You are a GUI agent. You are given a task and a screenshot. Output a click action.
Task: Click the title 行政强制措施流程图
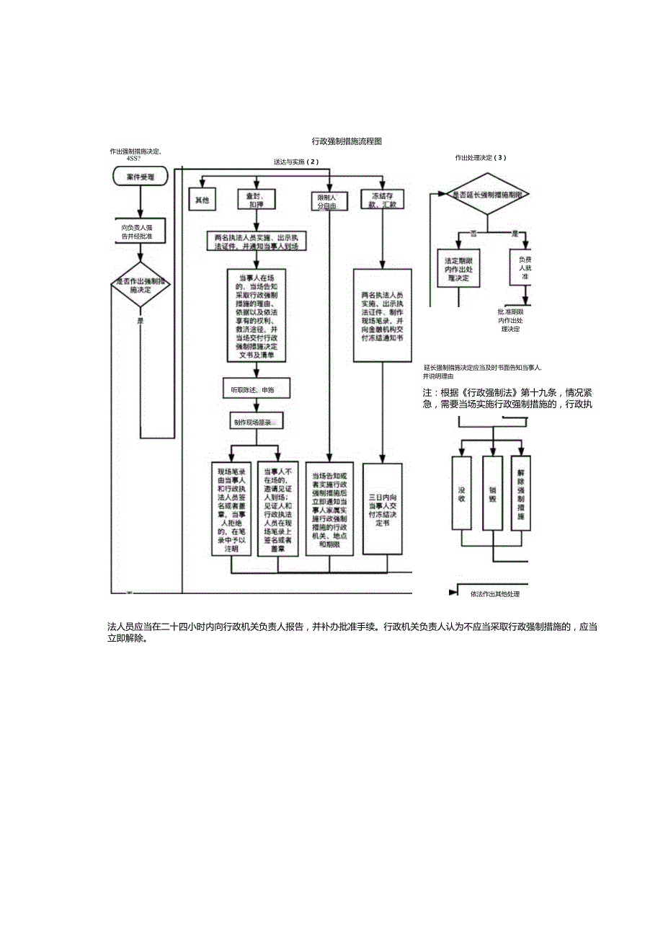point(346,142)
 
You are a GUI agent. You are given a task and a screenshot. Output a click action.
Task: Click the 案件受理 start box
point(141,176)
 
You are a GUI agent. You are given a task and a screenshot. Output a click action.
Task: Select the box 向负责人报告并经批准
point(141,231)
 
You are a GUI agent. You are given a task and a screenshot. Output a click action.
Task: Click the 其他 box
point(202,200)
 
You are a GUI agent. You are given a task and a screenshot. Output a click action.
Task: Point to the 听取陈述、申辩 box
point(252,389)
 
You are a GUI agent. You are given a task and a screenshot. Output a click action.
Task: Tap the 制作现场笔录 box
point(252,421)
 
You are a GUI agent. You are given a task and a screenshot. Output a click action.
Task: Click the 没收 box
point(461,494)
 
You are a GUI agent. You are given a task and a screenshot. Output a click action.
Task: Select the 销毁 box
point(493,494)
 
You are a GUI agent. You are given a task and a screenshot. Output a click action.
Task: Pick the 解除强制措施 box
point(521,494)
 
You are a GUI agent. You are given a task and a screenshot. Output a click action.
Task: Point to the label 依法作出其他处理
point(494,594)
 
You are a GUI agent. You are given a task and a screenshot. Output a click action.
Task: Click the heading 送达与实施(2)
point(295,162)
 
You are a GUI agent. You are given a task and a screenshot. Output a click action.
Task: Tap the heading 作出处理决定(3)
point(480,157)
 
